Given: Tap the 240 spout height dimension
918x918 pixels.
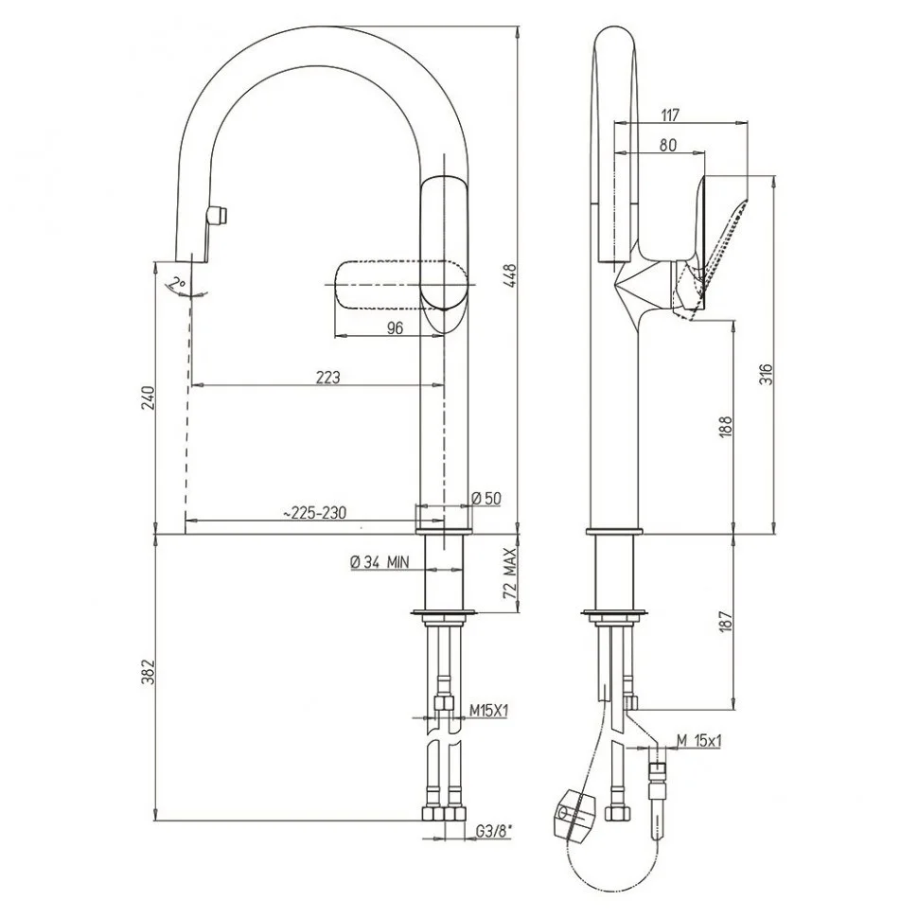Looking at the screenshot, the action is coord(149,398).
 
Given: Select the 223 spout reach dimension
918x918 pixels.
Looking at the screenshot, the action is coord(327,378).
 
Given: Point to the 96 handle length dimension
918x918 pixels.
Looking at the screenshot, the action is coord(396,327).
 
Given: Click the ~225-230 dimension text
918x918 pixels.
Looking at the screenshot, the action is coord(314,514).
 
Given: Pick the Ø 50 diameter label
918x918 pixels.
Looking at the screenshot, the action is coord(486,498).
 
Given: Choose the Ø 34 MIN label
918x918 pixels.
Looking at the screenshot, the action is coord(380,562).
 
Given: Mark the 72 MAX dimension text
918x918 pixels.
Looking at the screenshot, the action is coord(510,573).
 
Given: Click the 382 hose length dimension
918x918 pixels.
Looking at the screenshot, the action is coord(149,672).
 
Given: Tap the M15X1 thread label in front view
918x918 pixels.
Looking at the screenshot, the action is coord(489,710).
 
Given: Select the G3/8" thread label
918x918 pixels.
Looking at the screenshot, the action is coord(492,830).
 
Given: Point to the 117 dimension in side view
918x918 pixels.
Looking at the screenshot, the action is coord(670,115).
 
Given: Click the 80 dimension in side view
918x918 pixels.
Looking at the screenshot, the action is coord(668,145).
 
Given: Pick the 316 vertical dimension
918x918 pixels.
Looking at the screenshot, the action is coord(767,374).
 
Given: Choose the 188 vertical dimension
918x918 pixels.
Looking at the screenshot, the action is coord(725,427).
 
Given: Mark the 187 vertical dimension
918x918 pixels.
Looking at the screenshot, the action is coord(725,621).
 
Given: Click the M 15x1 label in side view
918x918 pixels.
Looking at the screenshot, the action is coord(699,741).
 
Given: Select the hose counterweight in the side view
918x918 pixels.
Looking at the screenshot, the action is coord(574,815).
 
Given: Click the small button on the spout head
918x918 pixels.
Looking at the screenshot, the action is coord(219,216).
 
